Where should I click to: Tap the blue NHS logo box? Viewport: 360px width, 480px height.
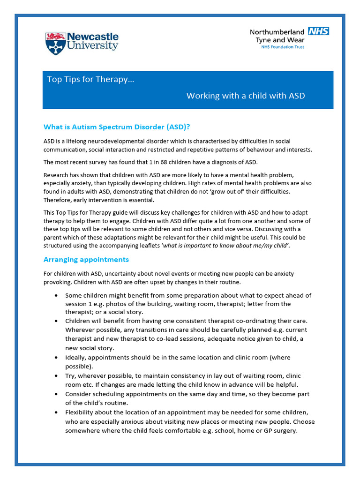coord(318,31)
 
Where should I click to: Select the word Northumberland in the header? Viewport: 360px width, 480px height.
coord(277,32)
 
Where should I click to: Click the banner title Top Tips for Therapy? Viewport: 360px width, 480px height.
coord(90,79)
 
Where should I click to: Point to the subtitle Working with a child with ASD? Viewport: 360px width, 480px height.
coord(246,96)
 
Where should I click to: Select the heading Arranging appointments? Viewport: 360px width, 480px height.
coord(86,259)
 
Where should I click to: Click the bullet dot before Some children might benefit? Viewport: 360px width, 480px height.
coord(56,296)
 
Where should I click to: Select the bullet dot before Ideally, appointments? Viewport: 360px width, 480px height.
coord(56,358)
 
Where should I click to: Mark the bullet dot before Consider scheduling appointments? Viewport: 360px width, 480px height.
coord(56,394)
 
